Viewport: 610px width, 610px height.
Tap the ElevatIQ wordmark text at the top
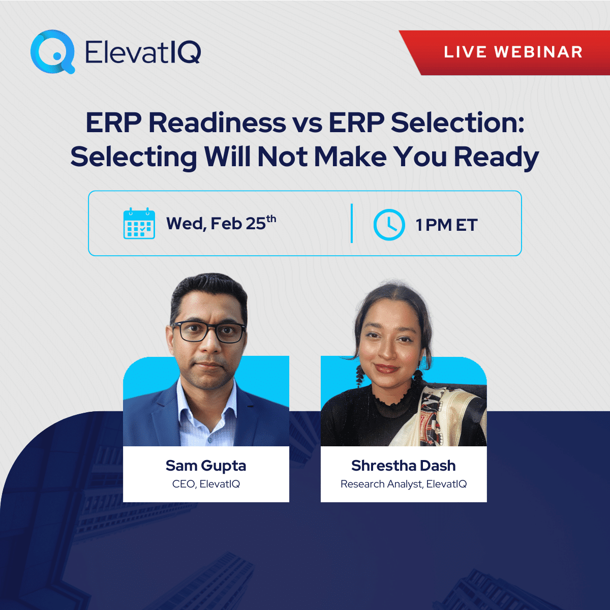(143, 52)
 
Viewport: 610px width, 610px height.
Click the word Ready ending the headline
(496, 157)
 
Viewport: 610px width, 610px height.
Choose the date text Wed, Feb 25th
(221, 224)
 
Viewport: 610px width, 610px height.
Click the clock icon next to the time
(389, 224)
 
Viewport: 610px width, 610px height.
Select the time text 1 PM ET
(446, 225)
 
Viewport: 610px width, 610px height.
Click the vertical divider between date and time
(352, 224)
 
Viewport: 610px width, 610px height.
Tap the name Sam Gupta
(206, 466)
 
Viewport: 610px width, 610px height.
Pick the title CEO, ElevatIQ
(206, 484)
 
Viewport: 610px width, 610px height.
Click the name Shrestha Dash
(404, 466)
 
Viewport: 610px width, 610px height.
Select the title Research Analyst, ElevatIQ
(404, 484)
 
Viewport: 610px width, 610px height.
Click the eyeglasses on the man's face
(208, 332)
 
